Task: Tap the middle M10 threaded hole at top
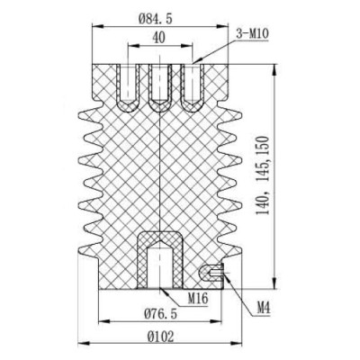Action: tap(159, 84)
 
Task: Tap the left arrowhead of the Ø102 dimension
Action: tap(83, 344)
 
